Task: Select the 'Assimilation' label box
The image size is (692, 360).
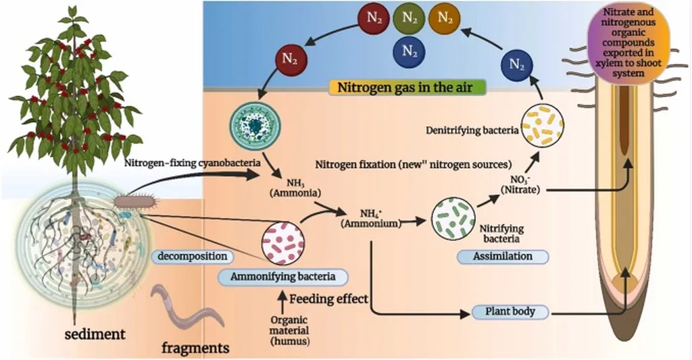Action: coord(502,256)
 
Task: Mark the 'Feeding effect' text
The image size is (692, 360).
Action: coord(329,299)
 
